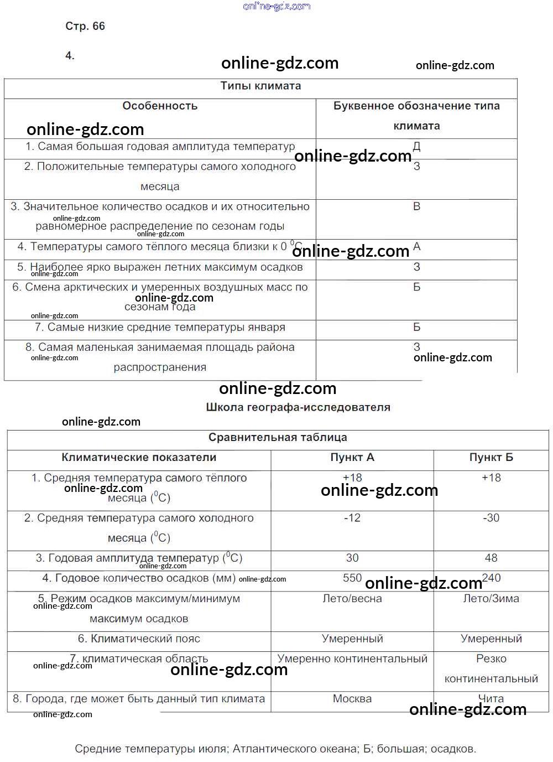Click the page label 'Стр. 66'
click(85, 26)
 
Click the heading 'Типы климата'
click(260, 86)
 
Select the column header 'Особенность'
click(160, 106)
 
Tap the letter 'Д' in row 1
click(417, 147)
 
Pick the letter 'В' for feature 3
click(417, 206)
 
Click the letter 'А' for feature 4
click(417, 246)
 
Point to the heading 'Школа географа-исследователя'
click(298, 407)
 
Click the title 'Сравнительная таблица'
click(278, 437)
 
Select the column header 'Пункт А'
click(352, 458)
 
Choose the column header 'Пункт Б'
click(491, 458)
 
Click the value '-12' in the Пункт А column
click(352, 518)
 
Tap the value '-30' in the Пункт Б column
click(491, 518)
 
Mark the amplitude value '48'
click(491, 558)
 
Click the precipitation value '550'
click(352, 578)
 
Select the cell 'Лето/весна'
click(352, 598)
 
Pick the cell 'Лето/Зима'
click(491, 598)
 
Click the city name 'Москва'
click(352, 698)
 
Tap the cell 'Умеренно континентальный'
click(352, 659)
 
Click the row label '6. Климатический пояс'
click(139, 639)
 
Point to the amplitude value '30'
click(352, 558)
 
